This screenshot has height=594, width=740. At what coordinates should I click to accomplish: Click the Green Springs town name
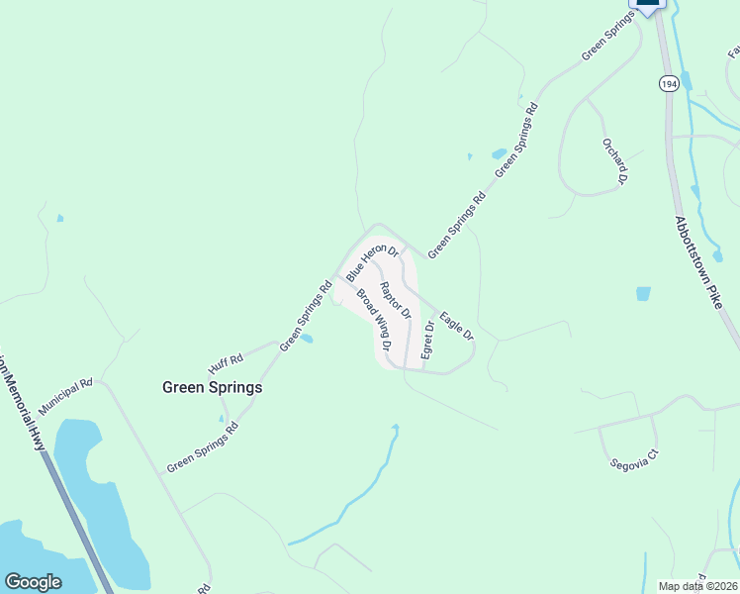[212, 388]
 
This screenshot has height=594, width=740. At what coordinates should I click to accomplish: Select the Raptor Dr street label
[395, 299]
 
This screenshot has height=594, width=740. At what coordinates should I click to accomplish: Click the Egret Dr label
[428, 340]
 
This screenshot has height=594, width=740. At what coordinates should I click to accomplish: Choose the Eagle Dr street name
[457, 326]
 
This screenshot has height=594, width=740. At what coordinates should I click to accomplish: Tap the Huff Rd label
[226, 357]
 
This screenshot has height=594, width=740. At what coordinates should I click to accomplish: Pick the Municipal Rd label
[65, 396]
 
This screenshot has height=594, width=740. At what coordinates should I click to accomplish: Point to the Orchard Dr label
[614, 160]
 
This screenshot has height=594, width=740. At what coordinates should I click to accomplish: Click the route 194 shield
[669, 83]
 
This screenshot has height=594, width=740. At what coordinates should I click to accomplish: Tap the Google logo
[33, 582]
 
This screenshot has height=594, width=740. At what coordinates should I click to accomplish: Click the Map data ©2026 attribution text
[697, 586]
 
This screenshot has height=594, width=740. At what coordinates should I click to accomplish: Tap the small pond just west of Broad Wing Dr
[307, 340]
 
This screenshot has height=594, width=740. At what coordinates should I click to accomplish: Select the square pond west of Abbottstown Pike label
[644, 294]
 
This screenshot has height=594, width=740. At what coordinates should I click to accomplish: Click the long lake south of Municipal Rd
[94, 495]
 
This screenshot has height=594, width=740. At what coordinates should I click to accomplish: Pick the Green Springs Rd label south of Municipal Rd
[203, 447]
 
